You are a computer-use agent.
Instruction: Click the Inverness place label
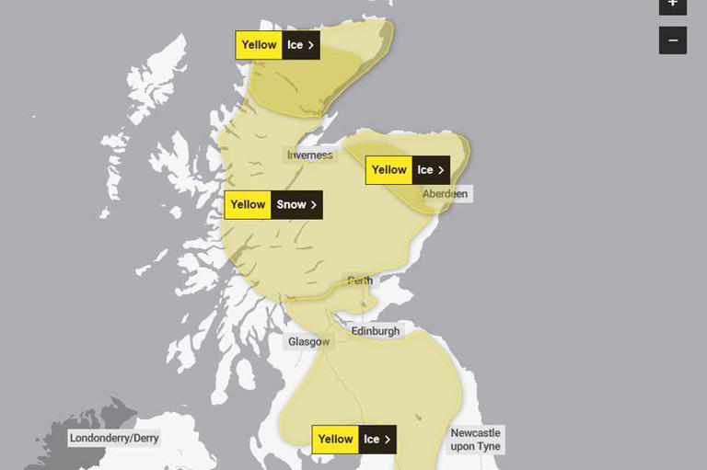(x=309, y=155)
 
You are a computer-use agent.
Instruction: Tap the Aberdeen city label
(x=445, y=194)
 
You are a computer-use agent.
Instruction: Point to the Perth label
(x=360, y=281)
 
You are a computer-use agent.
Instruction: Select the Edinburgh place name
(x=376, y=331)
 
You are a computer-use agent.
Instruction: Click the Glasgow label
(x=308, y=342)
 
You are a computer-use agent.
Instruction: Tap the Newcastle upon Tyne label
(x=475, y=440)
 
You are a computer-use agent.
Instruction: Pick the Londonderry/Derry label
(x=114, y=438)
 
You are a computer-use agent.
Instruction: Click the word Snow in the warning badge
(x=291, y=204)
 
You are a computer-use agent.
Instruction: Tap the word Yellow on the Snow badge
(x=248, y=204)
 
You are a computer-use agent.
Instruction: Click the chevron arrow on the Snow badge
(x=314, y=204)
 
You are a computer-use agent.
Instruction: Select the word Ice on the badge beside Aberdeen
(x=424, y=170)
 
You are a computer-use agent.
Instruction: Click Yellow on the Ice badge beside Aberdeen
(x=388, y=170)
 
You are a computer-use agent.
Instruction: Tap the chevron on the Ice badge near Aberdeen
(x=442, y=170)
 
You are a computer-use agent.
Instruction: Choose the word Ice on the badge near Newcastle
(x=371, y=440)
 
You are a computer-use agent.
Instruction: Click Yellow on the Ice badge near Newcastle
(x=335, y=440)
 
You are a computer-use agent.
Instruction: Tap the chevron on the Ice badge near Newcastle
(x=388, y=440)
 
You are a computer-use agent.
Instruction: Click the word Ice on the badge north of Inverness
(x=295, y=45)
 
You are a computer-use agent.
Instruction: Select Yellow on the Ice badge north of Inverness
(x=259, y=45)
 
